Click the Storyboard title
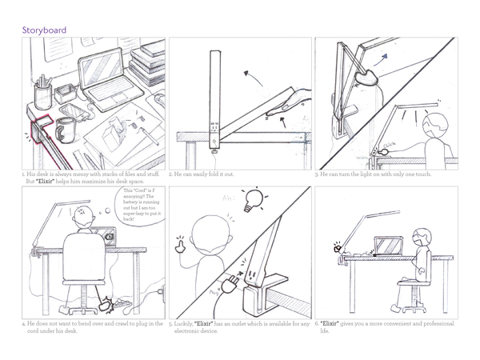(x=44, y=30)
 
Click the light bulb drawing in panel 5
(x=255, y=197)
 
